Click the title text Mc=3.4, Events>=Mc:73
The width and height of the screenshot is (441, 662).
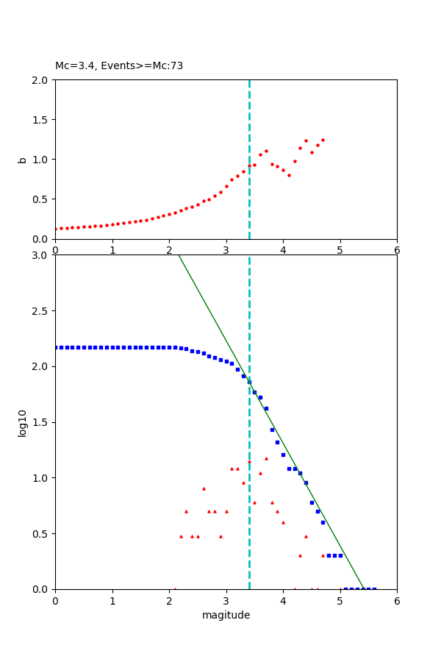(119, 66)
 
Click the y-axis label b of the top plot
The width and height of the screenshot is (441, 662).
(22, 159)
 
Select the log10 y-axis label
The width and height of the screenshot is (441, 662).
(22, 423)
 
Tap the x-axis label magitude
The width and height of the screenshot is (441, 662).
(226, 615)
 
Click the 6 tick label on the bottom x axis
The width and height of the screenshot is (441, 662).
(397, 600)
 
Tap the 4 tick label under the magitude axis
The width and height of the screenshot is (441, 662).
(283, 600)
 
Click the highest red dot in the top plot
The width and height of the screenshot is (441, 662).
(323, 140)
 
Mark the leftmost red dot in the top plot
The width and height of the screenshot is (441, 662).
(56, 229)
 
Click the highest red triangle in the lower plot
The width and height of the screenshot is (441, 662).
(266, 458)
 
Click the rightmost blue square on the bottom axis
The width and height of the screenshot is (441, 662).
(374, 588)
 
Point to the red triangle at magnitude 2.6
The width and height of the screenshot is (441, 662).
(204, 488)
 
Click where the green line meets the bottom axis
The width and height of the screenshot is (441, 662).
(363, 588)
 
